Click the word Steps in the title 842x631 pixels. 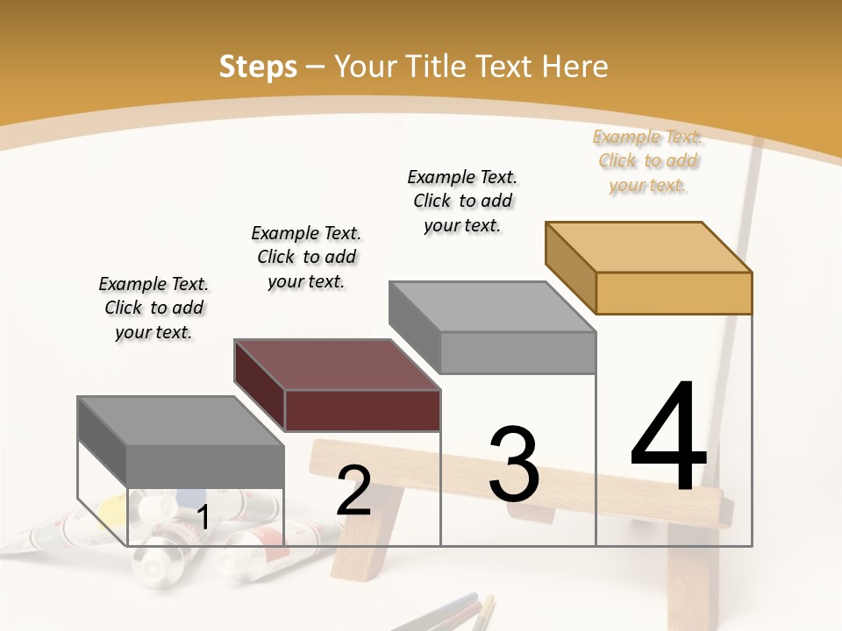click(x=257, y=67)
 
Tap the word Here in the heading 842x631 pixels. click(x=575, y=67)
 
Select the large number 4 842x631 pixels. click(x=668, y=438)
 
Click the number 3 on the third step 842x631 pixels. click(x=514, y=465)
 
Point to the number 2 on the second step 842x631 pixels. click(x=353, y=491)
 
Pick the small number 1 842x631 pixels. click(x=203, y=518)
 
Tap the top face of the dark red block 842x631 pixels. click(x=338, y=364)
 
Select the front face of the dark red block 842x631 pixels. click(x=362, y=410)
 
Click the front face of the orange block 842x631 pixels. click(x=674, y=293)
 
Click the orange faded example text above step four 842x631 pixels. click(x=648, y=161)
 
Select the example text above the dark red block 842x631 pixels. click(x=306, y=257)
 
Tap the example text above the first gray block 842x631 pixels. click(x=153, y=308)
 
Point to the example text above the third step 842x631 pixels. click(x=462, y=201)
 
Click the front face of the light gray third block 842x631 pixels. click(x=517, y=352)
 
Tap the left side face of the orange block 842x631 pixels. click(x=570, y=267)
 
